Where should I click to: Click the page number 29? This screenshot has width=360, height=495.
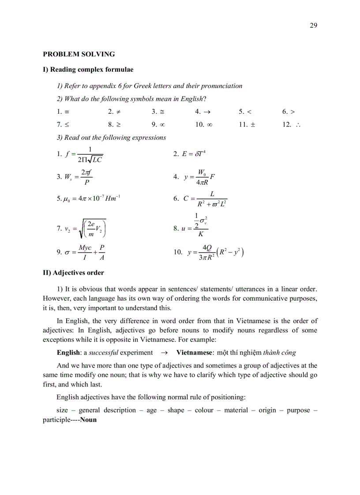tap(314, 25)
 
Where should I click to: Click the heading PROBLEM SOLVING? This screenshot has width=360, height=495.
tap(79, 54)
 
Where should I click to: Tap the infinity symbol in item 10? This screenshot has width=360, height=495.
tap(210, 125)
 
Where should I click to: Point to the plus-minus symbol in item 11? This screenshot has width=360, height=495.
tap(253, 125)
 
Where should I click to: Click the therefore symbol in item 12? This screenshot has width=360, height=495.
tap(298, 125)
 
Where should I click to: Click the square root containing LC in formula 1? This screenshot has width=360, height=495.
tap(95, 159)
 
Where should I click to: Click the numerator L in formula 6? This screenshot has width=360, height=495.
tap(212, 194)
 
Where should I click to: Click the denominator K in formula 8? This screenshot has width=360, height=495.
tap(201, 234)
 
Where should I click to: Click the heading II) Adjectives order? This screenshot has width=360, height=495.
tap(73, 273)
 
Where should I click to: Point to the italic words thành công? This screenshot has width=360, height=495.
tap(279, 353)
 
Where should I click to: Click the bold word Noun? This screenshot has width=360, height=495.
tap(88, 420)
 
